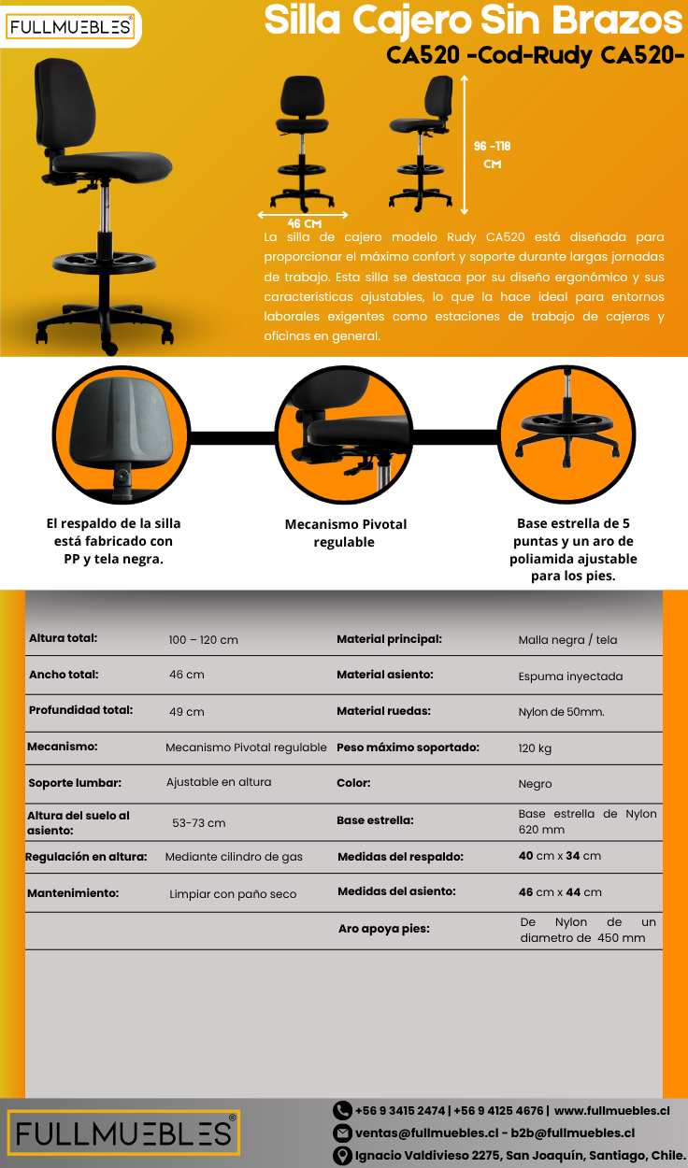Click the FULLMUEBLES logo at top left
coord(70,27)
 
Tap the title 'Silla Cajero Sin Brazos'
coord(473,20)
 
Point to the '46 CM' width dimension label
coord(305,223)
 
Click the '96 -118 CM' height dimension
coord(492,154)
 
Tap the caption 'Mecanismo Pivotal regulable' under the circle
coord(345,533)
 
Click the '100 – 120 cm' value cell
coord(203,640)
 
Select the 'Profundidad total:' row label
coord(80,710)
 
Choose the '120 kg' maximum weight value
coord(535,748)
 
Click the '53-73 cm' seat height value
coord(198,823)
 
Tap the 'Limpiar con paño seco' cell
coord(233,894)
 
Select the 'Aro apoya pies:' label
coord(384,929)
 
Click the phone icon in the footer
coord(342,1111)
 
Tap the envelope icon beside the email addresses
coord(342,1133)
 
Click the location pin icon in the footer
coord(342,1156)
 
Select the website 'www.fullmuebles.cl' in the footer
coord(611,1111)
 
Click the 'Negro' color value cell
coord(535,784)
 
